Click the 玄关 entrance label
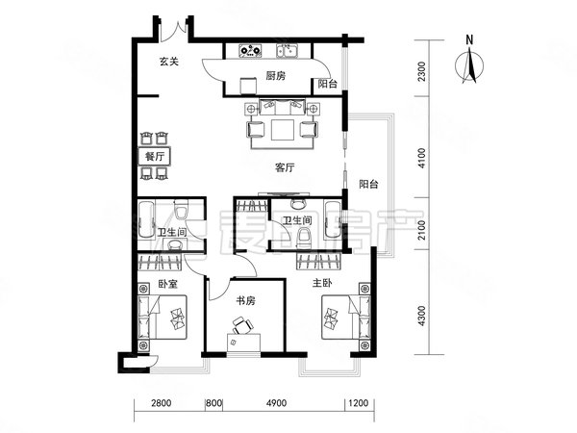click(169, 62)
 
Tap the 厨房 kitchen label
click(276, 76)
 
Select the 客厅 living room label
click(285, 167)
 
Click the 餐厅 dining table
click(154, 157)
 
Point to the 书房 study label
click(245, 301)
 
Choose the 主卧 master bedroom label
click(322, 283)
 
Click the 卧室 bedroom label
click(167, 284)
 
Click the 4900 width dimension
click(276, 403)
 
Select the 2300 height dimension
click(422, 72)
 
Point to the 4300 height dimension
click(422, 316)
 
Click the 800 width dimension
click(214, 403)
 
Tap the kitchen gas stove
click(250, 51)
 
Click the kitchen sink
click(288, 51)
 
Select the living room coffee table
click(283, 130)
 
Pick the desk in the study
click(243, 343)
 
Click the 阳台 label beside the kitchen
click(328, 84)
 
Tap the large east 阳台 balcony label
click(368, 184)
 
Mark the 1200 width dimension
click(359, 403)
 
